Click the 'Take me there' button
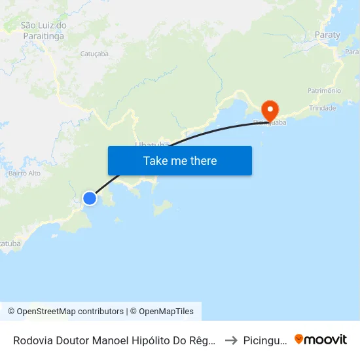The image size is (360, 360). click(180, 160)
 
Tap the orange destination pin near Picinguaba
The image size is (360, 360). click(269, 110)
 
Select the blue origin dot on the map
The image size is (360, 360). click(90, 198)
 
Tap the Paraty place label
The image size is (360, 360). click(327, 35)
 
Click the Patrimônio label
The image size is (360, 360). click(324, 90)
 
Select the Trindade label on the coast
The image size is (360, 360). click(321, 108)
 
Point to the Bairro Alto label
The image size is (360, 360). click(25, 173)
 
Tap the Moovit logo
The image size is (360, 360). click(321, 339)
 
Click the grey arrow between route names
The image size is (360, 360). click(230, 340)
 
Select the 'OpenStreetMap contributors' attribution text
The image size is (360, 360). click(70, 312)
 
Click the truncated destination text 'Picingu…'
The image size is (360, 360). click(264, 340)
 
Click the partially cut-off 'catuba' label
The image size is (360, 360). click(10, 243)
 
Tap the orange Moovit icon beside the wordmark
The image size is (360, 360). click(299, 339)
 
